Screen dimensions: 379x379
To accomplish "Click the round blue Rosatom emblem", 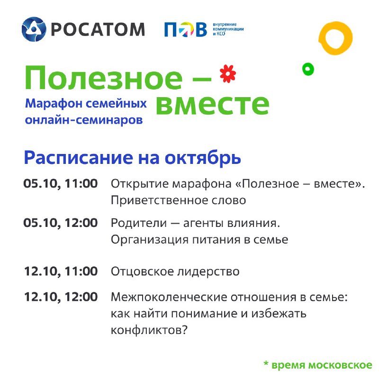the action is (34, 29).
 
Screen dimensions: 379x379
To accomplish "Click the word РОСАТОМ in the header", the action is (98, 29).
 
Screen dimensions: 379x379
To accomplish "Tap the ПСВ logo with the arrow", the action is (186, 29).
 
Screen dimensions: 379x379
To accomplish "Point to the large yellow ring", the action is (335, 38).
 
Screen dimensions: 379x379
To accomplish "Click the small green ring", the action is (308, 69).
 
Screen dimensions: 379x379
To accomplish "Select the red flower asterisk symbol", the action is (228, 74).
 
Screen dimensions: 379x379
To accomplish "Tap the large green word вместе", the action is (212, 104).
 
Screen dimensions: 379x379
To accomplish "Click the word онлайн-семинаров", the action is (84, 120).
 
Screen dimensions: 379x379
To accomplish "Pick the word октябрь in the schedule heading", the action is (203, 158).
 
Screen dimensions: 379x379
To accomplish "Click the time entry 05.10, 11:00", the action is (61, 183).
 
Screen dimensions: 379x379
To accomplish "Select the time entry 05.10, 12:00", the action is (61, 223).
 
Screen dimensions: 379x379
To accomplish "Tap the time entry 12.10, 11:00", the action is (61, 271).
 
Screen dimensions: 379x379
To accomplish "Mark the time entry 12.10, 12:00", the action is (61, 297).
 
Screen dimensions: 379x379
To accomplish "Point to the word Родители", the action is (139, 223).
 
